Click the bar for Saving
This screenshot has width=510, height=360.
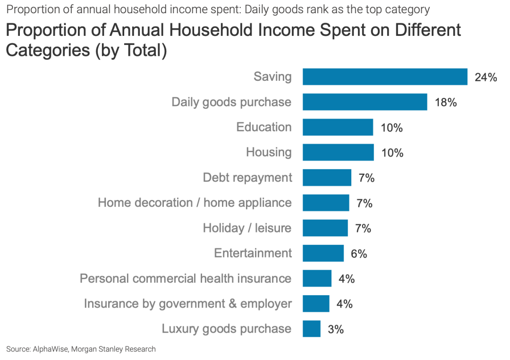tap(385, 77)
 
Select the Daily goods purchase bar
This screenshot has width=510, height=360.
tap(365, 102)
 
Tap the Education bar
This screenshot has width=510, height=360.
tap(338, 127)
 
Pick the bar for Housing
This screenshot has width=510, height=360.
tap(338, 152)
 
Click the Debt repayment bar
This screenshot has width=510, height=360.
tap(327, 178)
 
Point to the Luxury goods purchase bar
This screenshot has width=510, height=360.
tap(312, 329)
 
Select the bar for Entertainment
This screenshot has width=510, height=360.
tap(323, 253)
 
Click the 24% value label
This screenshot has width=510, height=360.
tap(485, 77)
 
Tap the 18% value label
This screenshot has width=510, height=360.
tap(445, 103)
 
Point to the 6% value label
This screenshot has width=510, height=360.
tap(359, 254)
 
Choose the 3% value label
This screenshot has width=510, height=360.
tap(335, 329)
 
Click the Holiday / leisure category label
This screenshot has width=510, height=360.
tap(247, 228)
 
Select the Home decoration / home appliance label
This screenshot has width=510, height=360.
tap(195, 203)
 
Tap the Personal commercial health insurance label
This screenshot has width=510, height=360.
tap(185, 278)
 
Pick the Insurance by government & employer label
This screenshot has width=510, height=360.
tap(187, 303)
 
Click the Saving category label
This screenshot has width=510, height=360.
tap(272, 77)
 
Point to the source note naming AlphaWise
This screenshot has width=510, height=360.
tap(81, 349)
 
